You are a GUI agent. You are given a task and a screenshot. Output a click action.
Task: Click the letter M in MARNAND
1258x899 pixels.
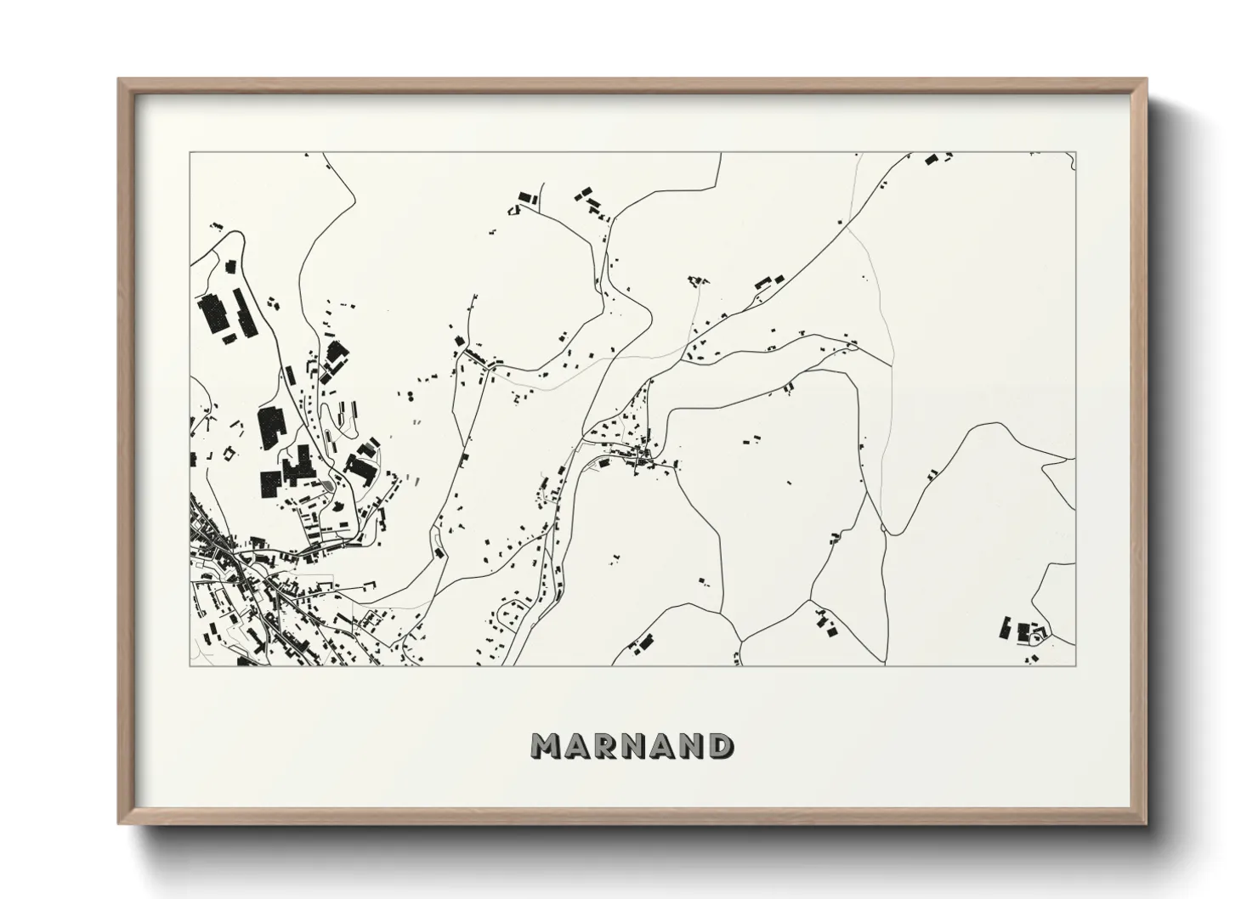pos(546,746)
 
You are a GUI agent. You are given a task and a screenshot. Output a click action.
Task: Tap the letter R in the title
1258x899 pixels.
pos(605,746)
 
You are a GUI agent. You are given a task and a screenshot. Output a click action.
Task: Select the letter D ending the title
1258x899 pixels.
pos(722,746)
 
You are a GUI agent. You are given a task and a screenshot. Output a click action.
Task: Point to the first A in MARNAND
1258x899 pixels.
pos(576,746)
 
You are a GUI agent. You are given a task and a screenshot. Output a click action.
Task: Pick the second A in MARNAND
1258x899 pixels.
pos(664,746)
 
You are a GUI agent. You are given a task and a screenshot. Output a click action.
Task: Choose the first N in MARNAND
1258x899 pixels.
pos(634,746)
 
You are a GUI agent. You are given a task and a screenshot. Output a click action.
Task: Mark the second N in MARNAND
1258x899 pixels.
pos(693,746)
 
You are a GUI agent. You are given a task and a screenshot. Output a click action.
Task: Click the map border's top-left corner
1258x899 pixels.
pos(190,153)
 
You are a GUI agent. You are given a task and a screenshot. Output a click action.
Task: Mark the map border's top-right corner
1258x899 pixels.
pos(1076,153)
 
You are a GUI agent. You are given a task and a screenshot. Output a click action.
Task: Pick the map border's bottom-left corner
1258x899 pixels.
pos(190,665)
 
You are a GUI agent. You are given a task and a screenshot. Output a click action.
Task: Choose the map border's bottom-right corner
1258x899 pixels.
pos(1076,665)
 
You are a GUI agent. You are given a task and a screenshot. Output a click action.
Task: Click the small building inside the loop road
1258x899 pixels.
pos(1036,632)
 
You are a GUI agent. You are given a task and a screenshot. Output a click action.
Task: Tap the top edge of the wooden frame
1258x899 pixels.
pos(632,82)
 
